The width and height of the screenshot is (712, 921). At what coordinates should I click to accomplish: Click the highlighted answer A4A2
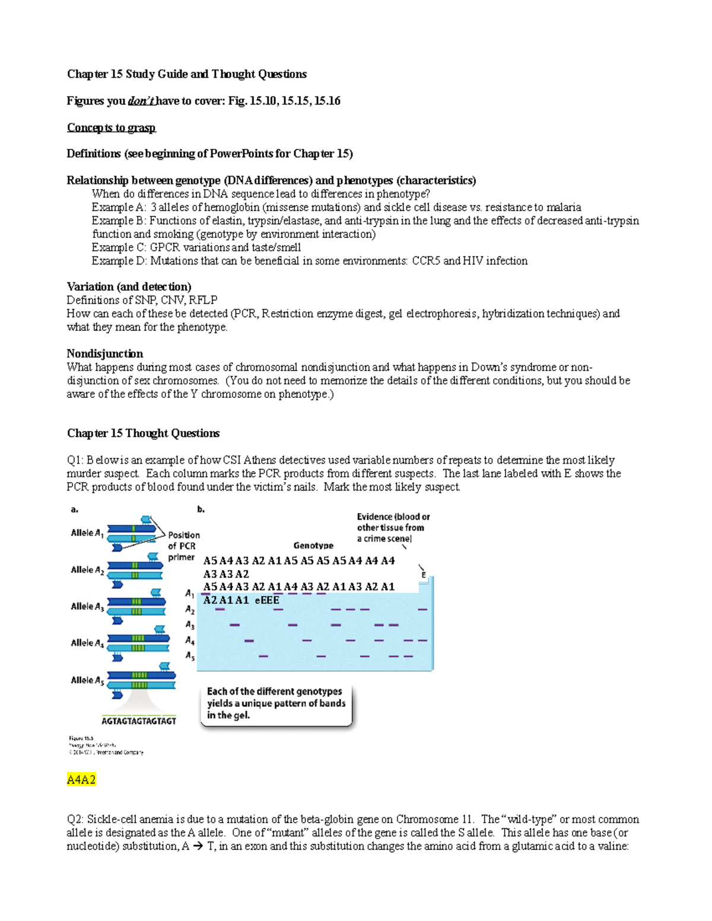(81, 779)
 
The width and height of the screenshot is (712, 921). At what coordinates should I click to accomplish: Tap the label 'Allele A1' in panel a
(87, 533)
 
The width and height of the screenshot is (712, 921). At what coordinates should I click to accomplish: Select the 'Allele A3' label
(87, 607)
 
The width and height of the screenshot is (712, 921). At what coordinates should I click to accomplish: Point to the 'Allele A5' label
(87, 680)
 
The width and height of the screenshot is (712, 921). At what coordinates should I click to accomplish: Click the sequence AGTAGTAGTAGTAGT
(139, 721)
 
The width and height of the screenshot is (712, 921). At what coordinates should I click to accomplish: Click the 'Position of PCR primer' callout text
(183, 546)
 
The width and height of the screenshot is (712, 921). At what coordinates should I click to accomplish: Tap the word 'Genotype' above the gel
(313, 546)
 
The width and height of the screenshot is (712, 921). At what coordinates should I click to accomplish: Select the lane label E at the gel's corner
(424, 575)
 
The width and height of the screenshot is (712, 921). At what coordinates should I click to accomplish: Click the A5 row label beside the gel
(190, 656)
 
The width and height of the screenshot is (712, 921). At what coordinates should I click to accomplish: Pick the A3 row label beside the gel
(190, 625)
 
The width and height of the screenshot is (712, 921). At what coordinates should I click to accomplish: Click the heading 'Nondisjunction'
(104, 354)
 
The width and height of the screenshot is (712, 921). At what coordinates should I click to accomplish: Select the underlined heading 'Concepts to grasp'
(111, 128)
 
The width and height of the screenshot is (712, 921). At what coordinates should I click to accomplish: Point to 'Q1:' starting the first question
(75, 460)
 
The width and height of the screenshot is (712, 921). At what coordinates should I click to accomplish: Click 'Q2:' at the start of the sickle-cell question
(75, 820)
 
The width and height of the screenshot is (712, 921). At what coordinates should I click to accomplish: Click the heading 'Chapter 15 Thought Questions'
(143, 434)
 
